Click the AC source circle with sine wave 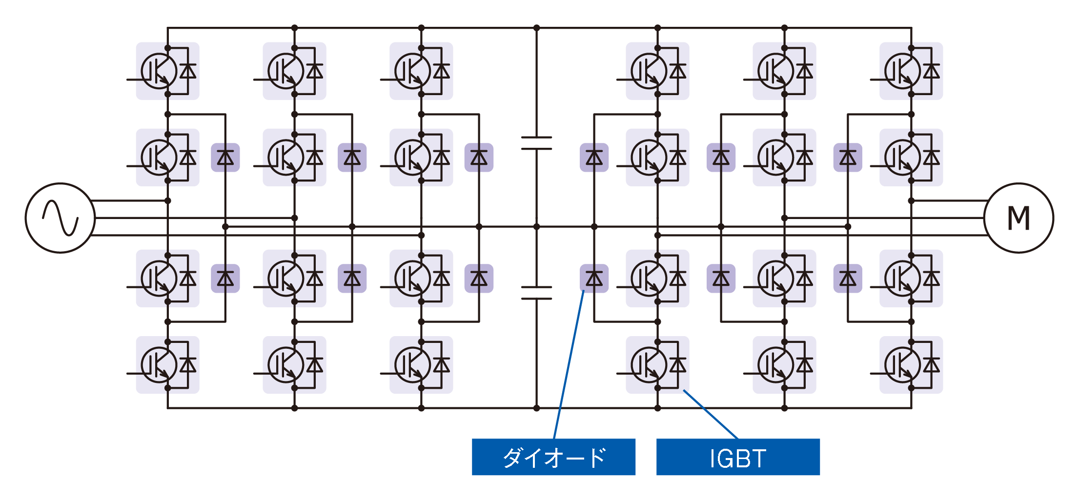pos(60,218)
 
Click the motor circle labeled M pos(1018,218)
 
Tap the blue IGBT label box pos(737,457)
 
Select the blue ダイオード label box pos(553,457)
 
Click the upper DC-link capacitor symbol pos(536,142)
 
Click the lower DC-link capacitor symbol pos(536,293)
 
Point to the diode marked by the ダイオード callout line pos(594,279)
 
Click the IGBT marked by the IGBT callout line pos(657,365)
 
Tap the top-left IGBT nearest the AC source pos(167,71)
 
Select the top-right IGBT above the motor pos(911,71)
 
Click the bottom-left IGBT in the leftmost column pos(167,365)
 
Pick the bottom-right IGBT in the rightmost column pos(911,365)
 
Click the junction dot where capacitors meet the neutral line pos(536,227)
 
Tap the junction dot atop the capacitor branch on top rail pos(536,28)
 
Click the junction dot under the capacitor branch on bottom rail pos(536,408)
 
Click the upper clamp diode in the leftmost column pos(225,158)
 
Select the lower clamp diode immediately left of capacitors pos(479,279)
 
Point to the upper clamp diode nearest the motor pos(848,158)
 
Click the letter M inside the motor pos(1018,218)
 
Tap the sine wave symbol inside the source pos(60,218)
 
